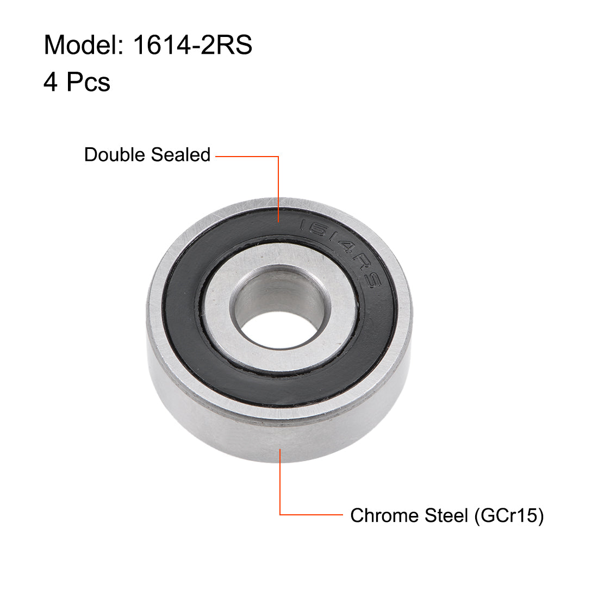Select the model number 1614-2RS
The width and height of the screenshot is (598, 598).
point(192,45)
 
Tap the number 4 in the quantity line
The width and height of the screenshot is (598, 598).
point(51,82)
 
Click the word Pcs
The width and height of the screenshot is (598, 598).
point(89,82)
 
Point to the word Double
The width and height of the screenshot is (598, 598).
point(115,155)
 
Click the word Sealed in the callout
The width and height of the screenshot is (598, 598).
point(180,155)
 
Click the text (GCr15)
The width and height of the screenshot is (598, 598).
point(509,515)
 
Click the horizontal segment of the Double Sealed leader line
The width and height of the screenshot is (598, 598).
point(247,157)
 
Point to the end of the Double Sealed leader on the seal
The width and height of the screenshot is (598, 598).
point(279,221)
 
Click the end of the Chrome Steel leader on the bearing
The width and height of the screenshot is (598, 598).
point(280,449)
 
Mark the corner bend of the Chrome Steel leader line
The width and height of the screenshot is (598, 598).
point(280,514)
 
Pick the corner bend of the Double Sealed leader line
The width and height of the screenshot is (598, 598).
point(279,157)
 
